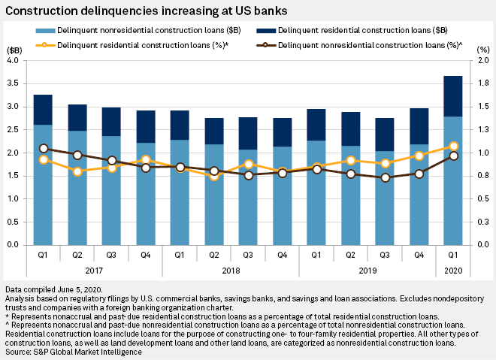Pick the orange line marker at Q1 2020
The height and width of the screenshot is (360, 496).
(454, 147)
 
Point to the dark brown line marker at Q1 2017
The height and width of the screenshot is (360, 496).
(44, 149)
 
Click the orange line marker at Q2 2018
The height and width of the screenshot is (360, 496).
(214, 176)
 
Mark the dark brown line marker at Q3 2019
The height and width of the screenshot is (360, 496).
(386, 178)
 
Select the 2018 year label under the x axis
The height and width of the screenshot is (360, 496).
(231, 268)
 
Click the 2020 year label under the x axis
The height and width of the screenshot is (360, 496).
(454, 268)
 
